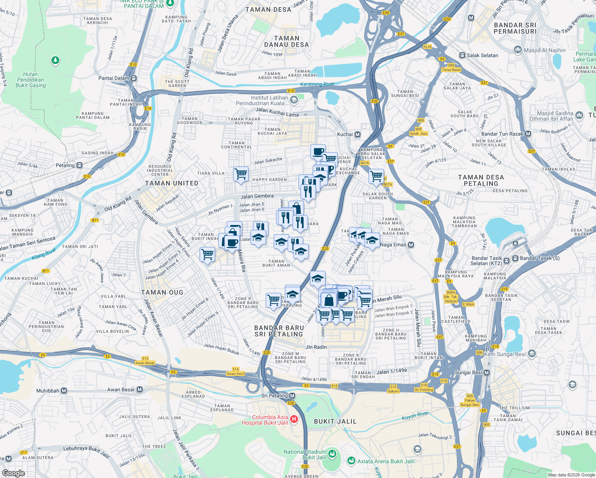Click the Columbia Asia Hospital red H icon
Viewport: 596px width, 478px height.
(x=294, y=419)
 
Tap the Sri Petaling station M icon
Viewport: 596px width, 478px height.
(x=292, y=396)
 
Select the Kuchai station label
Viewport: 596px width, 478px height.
(x=345, y=134)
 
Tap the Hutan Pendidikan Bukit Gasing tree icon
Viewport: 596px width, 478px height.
(x=55, y=61)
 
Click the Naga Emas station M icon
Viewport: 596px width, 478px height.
(x=411, y=245)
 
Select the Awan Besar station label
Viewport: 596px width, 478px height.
(x=121, y=390)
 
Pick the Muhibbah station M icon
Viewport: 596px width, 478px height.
(x=64, y=391)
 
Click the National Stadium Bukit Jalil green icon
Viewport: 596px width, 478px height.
(x=332, y=454)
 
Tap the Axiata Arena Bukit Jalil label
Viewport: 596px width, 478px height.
(x=386, y=461)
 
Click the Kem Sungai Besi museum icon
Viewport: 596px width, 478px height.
(x=532, y=354)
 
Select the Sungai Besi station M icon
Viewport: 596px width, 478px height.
(x=486, y=372)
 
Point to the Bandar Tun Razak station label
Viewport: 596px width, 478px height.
(x=502, y=134)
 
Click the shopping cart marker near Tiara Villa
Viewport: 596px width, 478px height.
(x=241, y=174)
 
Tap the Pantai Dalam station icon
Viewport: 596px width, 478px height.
(x=134, y=78)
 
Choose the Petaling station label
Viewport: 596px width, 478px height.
(x=65, y=165)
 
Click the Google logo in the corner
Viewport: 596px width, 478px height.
(x=13, y=473)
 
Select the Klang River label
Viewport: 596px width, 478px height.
(x=44, y=254)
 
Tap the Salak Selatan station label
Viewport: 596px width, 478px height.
(x=482, y=55)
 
